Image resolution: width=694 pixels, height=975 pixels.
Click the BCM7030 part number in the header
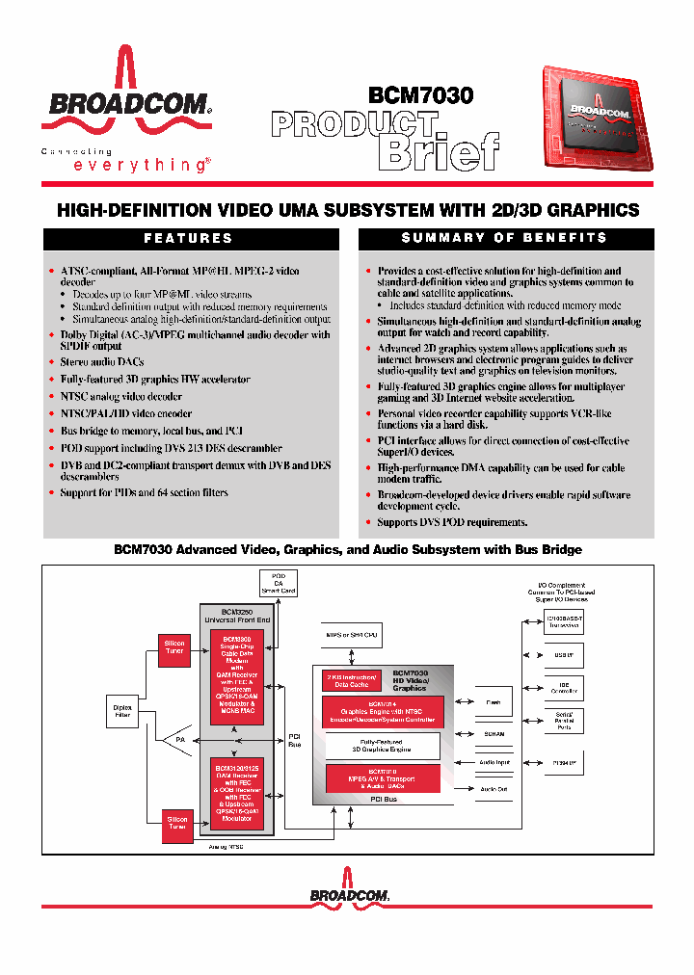tap(420, 95)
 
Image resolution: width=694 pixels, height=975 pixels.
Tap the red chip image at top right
tap(597, 121)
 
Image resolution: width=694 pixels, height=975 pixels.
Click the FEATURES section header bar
tap(189, 238)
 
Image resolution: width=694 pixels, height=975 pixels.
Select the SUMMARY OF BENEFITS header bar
tap(504, 238)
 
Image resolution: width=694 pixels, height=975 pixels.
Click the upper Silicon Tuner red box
tap(175, 646)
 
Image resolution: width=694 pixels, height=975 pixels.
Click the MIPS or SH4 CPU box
tap(353, 636)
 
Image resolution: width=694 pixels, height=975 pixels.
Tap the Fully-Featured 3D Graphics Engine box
tap(382, 746)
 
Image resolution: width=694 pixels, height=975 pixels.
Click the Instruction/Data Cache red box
tap(351, 681)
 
